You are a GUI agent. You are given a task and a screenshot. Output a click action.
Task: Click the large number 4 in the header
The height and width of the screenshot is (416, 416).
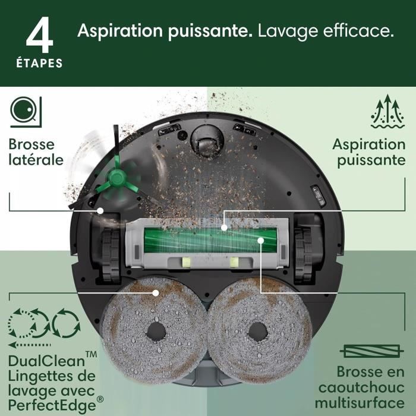(39, 35)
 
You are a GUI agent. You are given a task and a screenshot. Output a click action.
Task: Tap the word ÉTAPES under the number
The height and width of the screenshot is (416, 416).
(39, 63)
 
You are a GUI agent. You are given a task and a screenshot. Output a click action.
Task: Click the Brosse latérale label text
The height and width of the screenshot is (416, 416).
(36, 152)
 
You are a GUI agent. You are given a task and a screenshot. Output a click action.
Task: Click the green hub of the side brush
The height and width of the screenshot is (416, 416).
(115, 175)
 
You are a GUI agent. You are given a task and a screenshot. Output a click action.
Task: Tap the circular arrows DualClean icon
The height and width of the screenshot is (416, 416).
(43, 324)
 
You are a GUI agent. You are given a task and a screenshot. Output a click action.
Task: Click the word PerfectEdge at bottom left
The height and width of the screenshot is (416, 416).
(49, 406)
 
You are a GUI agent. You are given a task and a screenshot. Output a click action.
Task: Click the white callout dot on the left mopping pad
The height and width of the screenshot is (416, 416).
(156, 292)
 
